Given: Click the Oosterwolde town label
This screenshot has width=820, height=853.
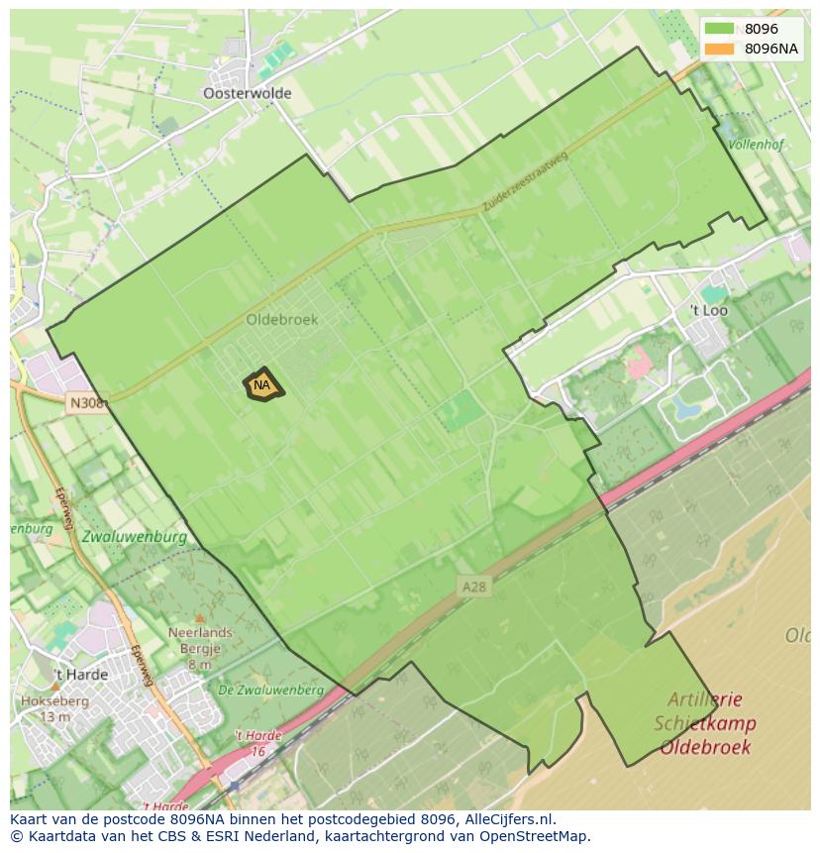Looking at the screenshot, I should (247, 93).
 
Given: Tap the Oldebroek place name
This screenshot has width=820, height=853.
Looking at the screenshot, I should (282, 320).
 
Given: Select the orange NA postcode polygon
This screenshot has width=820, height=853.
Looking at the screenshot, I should (262, 386).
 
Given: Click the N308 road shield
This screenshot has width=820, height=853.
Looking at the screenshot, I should (86, 403).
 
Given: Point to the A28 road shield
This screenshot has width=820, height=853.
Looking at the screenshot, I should (473, 586).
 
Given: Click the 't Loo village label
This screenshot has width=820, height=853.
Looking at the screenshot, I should (708, 310).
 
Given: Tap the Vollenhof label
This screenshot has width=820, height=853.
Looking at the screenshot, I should (756, 144).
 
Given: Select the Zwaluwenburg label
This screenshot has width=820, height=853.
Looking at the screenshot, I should (135, 537).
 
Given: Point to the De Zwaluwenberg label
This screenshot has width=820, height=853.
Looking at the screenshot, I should (270, 690).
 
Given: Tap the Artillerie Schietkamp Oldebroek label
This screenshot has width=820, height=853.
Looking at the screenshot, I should (704, 723).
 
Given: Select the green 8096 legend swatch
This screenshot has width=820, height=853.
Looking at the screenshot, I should (720, 29).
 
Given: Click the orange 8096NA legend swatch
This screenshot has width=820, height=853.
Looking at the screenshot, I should (720, 49).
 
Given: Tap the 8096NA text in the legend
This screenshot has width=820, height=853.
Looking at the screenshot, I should (771, 49).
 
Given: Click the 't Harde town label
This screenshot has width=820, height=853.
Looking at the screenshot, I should (80, 676).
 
